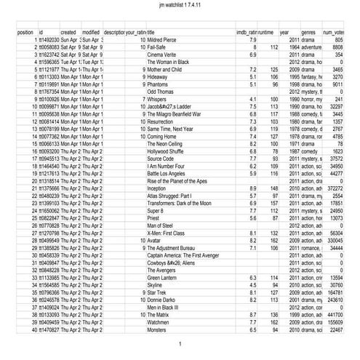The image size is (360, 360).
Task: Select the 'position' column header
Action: (x=25, y=33)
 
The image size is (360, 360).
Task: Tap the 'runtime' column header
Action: (x=265, y=33)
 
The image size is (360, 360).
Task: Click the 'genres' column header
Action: (x=308, y=33)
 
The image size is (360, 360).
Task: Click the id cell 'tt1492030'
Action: (x=48, y=39)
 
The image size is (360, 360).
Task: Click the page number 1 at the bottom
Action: (x=180, y=343)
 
